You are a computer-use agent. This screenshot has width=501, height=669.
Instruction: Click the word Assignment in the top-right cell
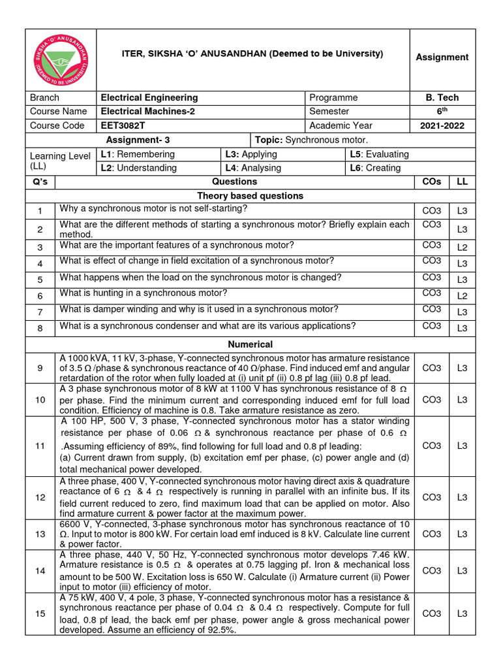tap(442, 57)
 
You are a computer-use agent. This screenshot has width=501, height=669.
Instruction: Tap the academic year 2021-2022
tap(442, 125)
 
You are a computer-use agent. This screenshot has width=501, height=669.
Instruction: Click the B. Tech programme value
tap(442, 97)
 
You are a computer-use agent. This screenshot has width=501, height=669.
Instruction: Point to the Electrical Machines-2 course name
tap(147, 111)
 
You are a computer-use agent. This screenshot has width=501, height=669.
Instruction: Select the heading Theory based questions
tap(250, 196)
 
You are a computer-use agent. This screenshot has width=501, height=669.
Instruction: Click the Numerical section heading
tap(250, 344)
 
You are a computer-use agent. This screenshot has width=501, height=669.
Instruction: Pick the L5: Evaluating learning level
tap(379, 154)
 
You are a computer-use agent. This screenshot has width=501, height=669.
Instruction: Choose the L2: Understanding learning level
tap(138, 168)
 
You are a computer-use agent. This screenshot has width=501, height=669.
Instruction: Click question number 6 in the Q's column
tap(40, 295)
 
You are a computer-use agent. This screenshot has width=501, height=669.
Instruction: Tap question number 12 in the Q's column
tap(40, 497)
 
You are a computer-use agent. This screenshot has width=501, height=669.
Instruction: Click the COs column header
tap(431, 182)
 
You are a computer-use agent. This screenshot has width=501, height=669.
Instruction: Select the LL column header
tap(462, 182)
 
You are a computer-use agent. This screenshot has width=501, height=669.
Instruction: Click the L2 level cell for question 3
tap(462, 248)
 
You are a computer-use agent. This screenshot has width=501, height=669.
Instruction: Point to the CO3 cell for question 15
tap(431, 613)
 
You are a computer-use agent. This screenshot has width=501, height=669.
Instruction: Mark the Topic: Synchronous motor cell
tap(312, 140)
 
